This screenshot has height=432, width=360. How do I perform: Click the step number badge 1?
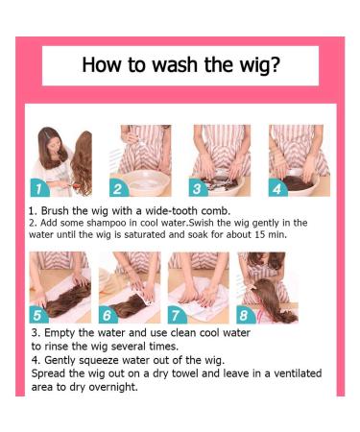[39, 189]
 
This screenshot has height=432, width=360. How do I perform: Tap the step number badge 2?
[117, 189]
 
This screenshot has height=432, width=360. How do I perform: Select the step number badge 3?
[197, 189]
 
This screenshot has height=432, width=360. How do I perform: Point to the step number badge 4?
[276, 189]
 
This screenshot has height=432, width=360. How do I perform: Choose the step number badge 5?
[37, 315]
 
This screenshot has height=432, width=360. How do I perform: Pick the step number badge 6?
[108, 315]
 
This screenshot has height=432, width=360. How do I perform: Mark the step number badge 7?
[176, 315]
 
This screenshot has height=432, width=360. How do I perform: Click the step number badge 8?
[245, 315]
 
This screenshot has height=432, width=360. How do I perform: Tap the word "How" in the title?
[102, 64]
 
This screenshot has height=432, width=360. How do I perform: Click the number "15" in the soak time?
[260, 234]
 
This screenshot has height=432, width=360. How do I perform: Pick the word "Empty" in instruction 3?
[60, 333]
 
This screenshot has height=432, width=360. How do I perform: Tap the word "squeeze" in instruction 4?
[99, 361]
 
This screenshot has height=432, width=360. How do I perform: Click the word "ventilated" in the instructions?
[298, 373]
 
